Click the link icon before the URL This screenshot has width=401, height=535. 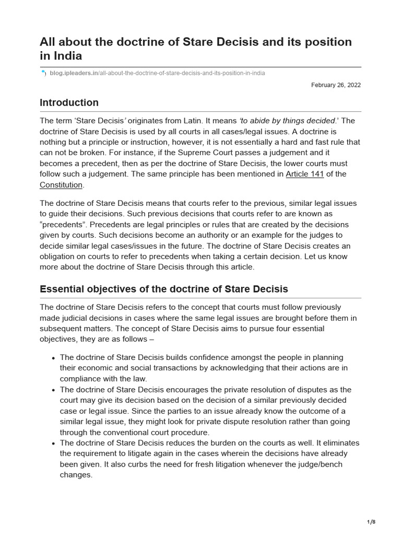[x=43, y=73]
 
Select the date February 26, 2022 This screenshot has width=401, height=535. [x=336, y=85]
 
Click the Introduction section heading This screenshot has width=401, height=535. [x=69, y=102]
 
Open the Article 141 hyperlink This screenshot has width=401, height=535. [x=304, y=174]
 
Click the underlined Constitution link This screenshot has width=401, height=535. [x=61, y=185]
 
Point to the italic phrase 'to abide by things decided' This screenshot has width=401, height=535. [x=287, y=121]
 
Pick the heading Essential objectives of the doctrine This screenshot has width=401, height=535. [x=163, y=289]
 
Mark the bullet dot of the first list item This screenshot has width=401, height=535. [x=54, y=358]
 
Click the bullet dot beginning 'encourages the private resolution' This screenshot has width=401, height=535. [x=54, y=390]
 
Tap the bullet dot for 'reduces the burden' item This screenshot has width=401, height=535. [x=54, y=444]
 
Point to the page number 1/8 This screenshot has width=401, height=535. [x=371, y=522]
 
